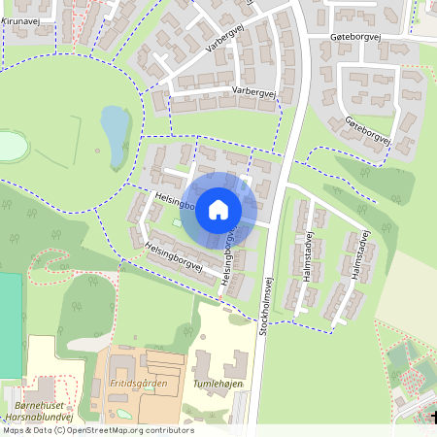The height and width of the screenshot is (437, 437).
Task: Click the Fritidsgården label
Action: point(139,383)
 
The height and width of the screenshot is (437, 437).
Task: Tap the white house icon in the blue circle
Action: point(218,210)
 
